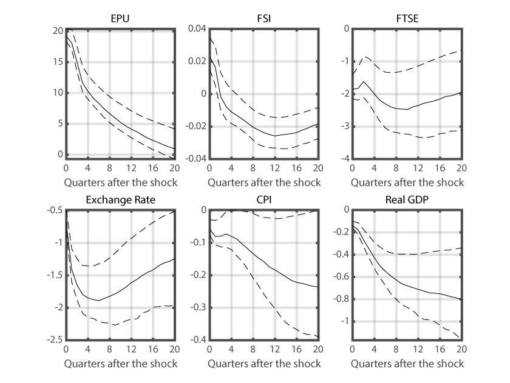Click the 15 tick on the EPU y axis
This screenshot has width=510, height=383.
58,61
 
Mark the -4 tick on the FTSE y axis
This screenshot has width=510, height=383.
344,159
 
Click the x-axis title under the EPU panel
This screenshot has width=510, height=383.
120,182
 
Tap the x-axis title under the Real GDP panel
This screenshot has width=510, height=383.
407,363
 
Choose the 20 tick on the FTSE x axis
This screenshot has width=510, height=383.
462,168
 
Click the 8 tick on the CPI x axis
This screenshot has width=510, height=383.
253,350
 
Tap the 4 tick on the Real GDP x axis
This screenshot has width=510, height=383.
374,350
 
